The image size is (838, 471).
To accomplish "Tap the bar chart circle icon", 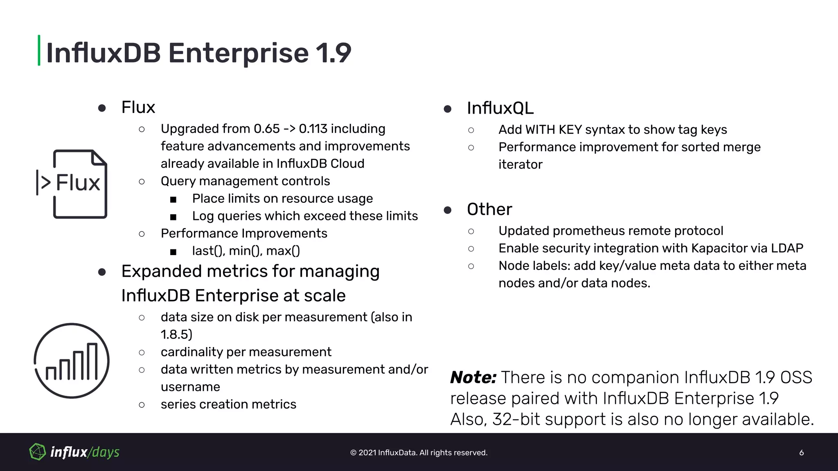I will tap(72, 361).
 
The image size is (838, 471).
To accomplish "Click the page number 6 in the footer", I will tap(801, 453).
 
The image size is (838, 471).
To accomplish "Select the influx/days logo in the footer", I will tap(74, 452).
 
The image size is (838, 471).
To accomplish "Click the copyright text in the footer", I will tap(419, 453).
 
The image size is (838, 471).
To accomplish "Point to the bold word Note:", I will tap(473, 377).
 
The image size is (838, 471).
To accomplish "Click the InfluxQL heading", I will tap(500, 108).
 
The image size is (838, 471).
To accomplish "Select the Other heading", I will tap(489, 209).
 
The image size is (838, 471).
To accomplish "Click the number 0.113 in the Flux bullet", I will tap(313, 129).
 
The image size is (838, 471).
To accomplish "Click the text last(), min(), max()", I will tap(246, 251).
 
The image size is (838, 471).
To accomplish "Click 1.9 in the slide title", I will tap(333, 53).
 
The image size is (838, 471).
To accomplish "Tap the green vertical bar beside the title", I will tap(39, 50).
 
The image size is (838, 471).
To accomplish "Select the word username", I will tap(190, 387).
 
